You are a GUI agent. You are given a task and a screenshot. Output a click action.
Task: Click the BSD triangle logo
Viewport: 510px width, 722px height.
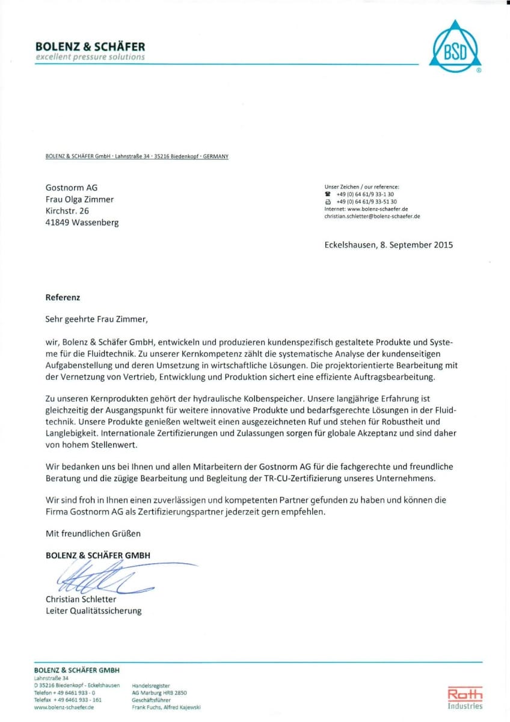[455, 48]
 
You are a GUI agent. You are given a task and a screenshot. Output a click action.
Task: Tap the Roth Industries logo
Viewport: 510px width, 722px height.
[465, 698]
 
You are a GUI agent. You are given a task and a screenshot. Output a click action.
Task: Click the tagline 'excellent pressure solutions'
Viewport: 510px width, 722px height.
[90, 57]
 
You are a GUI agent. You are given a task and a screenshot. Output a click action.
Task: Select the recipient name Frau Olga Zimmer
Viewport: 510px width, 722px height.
[79, 199]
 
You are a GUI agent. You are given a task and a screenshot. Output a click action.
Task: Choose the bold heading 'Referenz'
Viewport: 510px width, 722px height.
[63, 297]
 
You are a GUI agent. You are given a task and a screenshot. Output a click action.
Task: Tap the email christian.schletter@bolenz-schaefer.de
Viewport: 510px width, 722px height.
[372, 215]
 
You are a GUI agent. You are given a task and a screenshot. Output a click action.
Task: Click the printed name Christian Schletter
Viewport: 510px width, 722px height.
[81, 599]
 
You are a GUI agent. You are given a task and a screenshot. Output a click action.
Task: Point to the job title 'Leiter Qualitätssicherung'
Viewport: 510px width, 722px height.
[94, 611]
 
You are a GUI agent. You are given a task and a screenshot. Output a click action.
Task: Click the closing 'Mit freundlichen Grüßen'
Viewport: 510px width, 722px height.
[93, 533]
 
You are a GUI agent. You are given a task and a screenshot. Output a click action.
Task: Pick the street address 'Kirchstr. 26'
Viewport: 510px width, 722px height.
[67, 211]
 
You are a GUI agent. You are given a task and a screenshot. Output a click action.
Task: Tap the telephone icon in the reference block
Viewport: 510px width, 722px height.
[328, 194]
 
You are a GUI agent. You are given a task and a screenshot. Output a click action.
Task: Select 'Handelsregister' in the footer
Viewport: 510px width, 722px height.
[150, 685]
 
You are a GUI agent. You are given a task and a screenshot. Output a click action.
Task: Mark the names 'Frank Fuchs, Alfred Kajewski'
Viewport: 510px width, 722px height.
[166, 708]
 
